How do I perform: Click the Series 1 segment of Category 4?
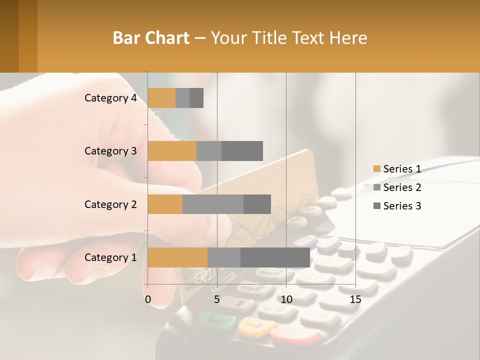161,98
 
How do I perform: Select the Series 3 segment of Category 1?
275,257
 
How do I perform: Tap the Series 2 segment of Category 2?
213,204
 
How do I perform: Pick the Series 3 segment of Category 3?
242,151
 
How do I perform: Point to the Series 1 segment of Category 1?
177,257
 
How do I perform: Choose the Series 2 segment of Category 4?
182,98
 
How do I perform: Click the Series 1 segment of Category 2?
165,204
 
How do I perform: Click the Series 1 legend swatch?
376,169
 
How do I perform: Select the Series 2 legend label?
402,187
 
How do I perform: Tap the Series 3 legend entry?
397,206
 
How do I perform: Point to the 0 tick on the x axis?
148,299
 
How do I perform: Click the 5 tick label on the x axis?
217,299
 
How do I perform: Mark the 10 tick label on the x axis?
286,299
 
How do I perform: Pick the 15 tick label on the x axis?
355,299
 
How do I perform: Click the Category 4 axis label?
110,98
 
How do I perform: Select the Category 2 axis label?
110,204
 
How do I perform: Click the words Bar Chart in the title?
151,38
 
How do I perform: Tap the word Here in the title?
349,38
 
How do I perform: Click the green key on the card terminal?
217,321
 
